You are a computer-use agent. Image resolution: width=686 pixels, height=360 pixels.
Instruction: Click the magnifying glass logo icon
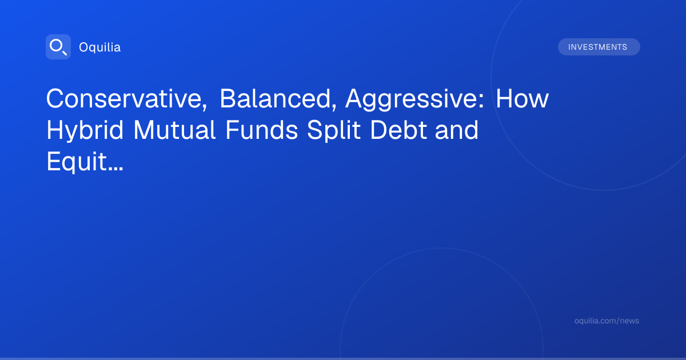(58, 47)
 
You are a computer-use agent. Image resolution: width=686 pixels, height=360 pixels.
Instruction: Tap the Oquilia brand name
(100, 47)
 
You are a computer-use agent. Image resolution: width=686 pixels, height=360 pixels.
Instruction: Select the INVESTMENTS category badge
(599, 47)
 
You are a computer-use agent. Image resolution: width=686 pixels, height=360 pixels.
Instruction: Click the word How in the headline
(522, 98)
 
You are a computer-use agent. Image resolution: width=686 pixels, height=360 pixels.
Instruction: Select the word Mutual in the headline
(174, 130)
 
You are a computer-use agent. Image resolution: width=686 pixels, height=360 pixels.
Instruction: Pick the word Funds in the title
(262, 130)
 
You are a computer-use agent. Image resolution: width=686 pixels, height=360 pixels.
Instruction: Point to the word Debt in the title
(398, 130)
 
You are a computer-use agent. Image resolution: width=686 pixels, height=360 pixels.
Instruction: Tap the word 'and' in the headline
(457, 130)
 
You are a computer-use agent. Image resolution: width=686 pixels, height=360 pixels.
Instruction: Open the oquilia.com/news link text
(607, 321)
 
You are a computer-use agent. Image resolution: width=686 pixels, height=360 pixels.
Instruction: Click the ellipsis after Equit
(115, 169)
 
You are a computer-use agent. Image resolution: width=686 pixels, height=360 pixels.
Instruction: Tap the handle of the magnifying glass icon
(65, 53)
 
